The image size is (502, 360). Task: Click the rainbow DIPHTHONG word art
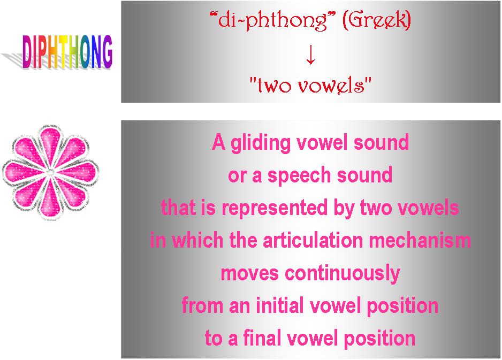click(x=67, y=52)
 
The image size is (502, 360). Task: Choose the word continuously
click(x=343, y=273)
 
